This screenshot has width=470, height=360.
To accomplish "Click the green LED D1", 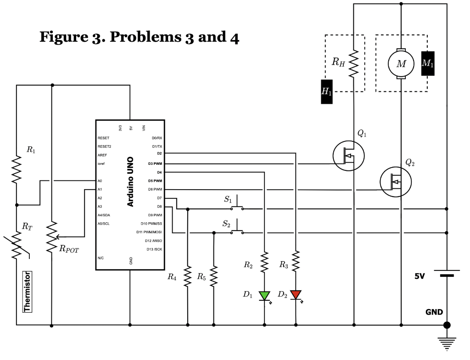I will click(x=264, y=295).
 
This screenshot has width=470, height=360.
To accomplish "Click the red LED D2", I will click(x=296, y=294).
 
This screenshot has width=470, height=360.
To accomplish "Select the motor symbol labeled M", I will click(x=401, y=64).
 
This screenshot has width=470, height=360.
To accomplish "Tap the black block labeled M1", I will click(x=428, y=63).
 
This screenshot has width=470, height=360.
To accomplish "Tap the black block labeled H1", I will click(x=326, y=91).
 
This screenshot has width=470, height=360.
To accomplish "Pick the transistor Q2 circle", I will click(x=396, y=182).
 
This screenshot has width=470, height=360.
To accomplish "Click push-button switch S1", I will click(x=237, y=204).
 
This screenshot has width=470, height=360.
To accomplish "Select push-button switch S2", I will click(x=237, y=229).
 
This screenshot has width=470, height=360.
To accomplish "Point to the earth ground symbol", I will click(x=447, y=341).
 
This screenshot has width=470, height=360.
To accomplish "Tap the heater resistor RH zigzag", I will click(x=354, y=63).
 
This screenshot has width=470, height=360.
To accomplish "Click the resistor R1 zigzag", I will click(x=17, y=169).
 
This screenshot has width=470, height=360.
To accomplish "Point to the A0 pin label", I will click(x=100, y=181).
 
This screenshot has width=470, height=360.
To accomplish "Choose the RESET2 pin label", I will click(x=104, y=146).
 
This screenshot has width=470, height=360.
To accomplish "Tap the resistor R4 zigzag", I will click(x=187, y=276).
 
